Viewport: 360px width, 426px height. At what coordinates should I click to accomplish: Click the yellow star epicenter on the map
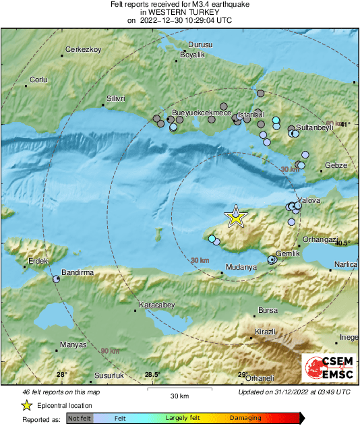(x=235, y=216)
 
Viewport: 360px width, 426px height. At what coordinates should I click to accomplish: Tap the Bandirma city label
(x=77, y=272)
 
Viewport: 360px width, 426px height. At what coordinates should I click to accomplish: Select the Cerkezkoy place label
(x=83, y=50)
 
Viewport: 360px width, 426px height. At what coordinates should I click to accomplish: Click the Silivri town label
(x=117, y=98)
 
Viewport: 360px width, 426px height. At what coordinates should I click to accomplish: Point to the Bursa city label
(x=268, y=311)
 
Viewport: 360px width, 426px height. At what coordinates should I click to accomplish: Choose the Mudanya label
(x=241, y=267)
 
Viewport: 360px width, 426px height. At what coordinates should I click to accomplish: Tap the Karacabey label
(x=156, y=305)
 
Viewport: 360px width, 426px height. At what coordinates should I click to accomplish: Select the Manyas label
(x=73, y=344)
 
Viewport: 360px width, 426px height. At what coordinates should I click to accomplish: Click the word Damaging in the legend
(x=245, y=418)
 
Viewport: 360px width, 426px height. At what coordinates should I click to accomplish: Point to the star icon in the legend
(x=26, y=405)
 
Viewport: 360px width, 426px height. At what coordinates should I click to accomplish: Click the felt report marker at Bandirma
(x=57, y=278)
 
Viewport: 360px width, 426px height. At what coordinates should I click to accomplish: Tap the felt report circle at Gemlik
(x=272, y=259)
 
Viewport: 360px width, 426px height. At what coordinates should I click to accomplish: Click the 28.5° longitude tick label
(x=152, y=375)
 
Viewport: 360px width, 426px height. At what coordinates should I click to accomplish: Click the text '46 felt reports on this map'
(x=61, y=392)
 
